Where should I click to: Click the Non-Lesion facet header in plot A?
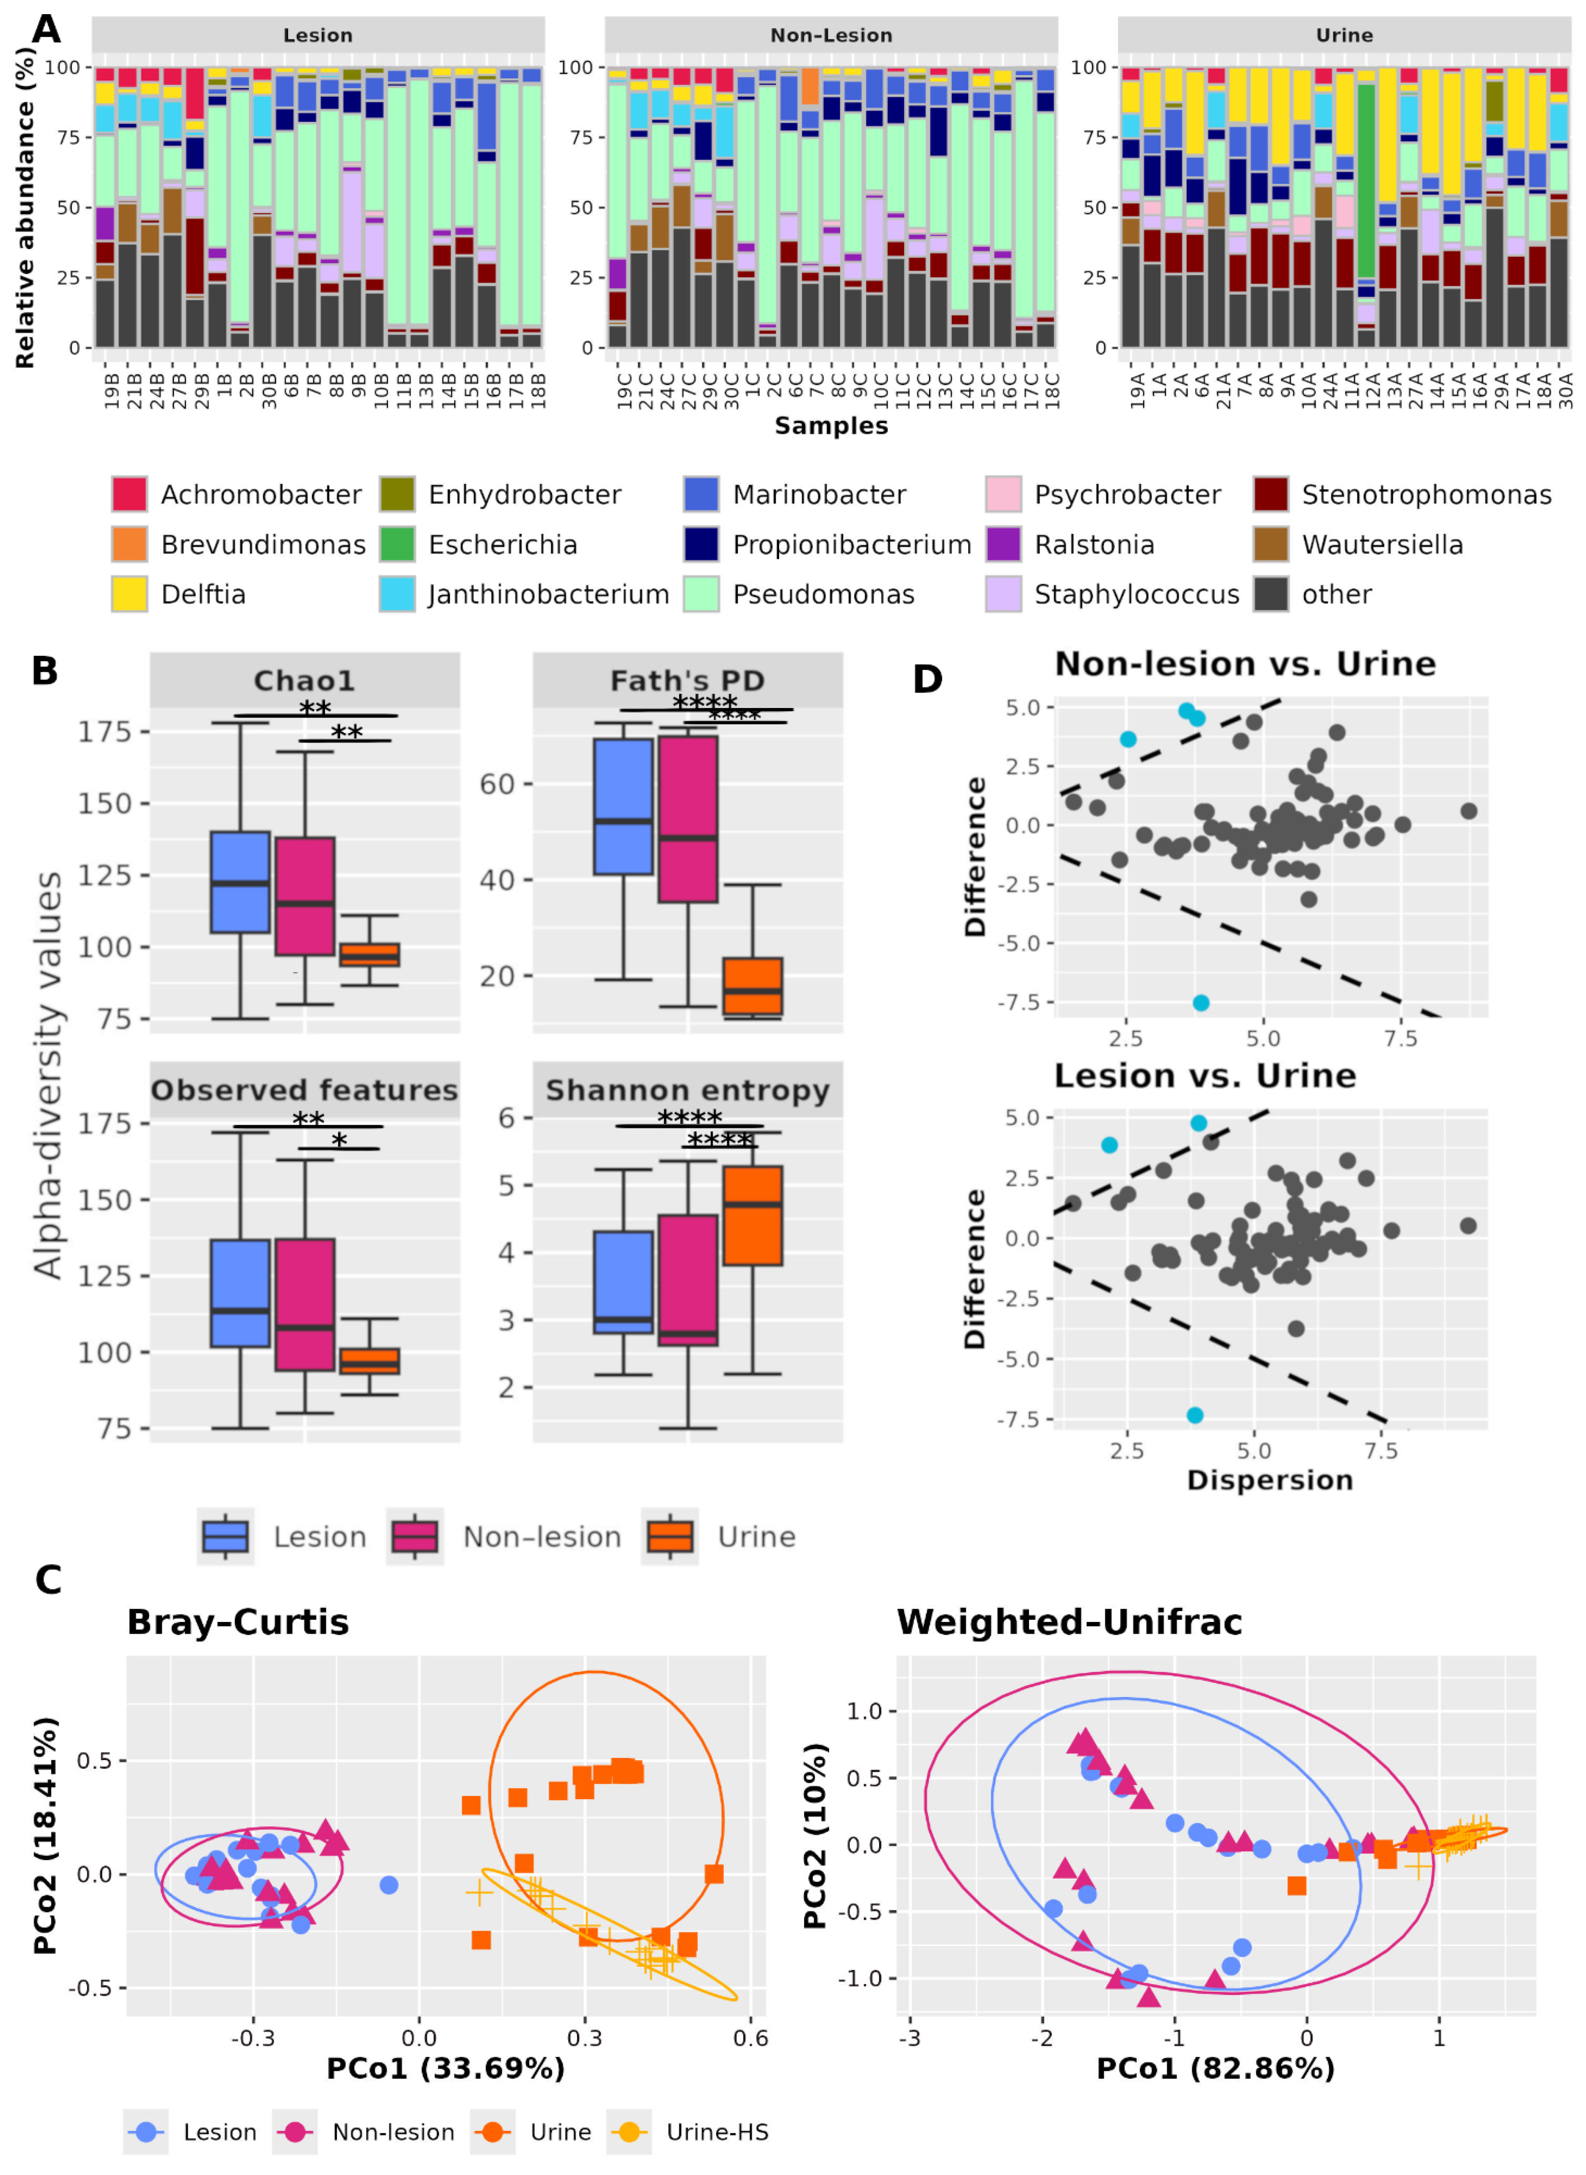(x=830, y=35)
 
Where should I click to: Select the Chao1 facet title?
(x=304, y=681)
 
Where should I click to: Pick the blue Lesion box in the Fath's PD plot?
(x=623, y=807)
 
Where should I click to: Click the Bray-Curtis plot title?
(x=238, y=1622)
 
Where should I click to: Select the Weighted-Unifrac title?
(x=1069, y=1622)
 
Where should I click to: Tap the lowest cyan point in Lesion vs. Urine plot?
(x=1194, y=1416)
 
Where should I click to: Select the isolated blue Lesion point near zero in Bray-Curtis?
(x=389, y=1885)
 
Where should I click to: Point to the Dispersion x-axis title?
(x=1269, y=1480)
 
